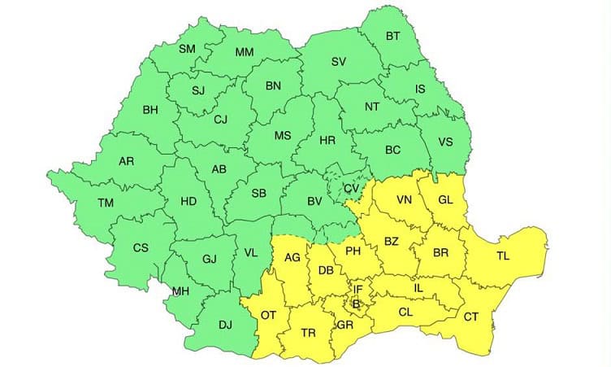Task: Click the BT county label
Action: (x=392, y=36)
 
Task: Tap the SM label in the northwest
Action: (x=188, y=49)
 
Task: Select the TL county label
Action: (x=504, y=256)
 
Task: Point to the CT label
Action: (x=470, y=317)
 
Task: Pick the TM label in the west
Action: (x=106, y=203)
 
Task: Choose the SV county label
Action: (x=339, y=62)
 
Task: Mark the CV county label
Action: (x=351, y=189)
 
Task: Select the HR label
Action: (x=327, y=141)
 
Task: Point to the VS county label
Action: (x=445, y=141)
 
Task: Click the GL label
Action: (x=446, y=200)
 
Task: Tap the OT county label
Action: (x=270, y=315)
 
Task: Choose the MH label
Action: (x=180, y=291)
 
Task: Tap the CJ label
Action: (x=219, y=120)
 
